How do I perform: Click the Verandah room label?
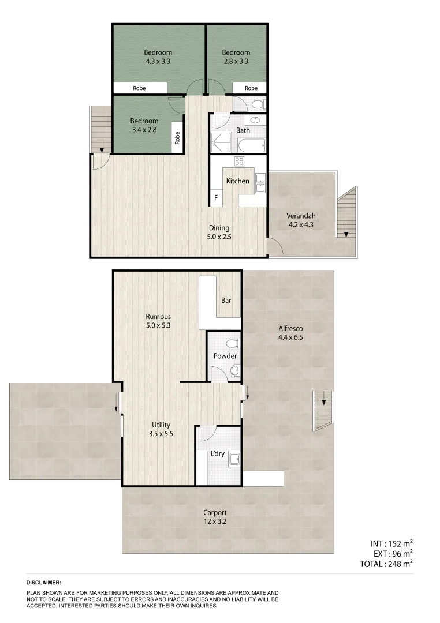[300, 216]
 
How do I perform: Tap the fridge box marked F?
[217, 198]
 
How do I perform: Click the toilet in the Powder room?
[232, 344]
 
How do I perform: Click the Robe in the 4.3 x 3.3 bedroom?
[139, 88]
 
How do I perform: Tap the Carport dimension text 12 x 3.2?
[215, 521]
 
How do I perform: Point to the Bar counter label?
[226, 301]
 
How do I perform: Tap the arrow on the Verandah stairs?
[346, 233]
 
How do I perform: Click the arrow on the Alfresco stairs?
[324, 399]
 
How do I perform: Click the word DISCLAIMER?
[44, 583]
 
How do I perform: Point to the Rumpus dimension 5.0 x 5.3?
[158, 325]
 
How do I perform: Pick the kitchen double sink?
[260, 182]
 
